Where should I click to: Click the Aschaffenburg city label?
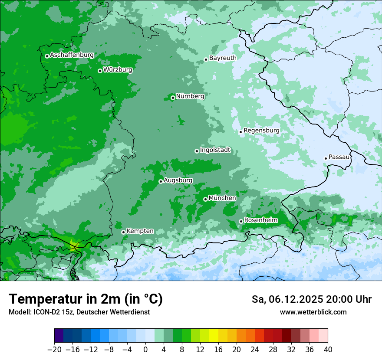click(72, 55)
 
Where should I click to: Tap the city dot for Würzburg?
click(100, 71)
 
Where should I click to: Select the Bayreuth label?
click(223, 58)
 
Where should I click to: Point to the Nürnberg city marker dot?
click(173, 98)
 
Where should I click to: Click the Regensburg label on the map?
click(261, 130)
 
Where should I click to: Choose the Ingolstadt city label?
click(215, 150)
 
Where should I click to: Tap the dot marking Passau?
click(326, 158)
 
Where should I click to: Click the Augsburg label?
click(178, 180)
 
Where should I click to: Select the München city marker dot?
click(205, 199)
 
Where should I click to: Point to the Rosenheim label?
click(260, 220)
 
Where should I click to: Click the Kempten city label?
click(140, 231)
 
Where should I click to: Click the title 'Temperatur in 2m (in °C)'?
click(86, 299)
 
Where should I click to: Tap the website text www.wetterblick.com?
click(313, 312)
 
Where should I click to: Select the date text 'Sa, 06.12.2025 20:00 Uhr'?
click(311, 299)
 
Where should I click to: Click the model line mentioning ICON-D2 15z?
click(79, 312)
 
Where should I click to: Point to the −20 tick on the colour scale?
click(54, 349)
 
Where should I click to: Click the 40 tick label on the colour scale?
click(328, 349)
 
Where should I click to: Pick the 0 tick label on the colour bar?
click(145, 349)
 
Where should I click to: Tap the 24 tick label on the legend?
click(255, 349)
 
